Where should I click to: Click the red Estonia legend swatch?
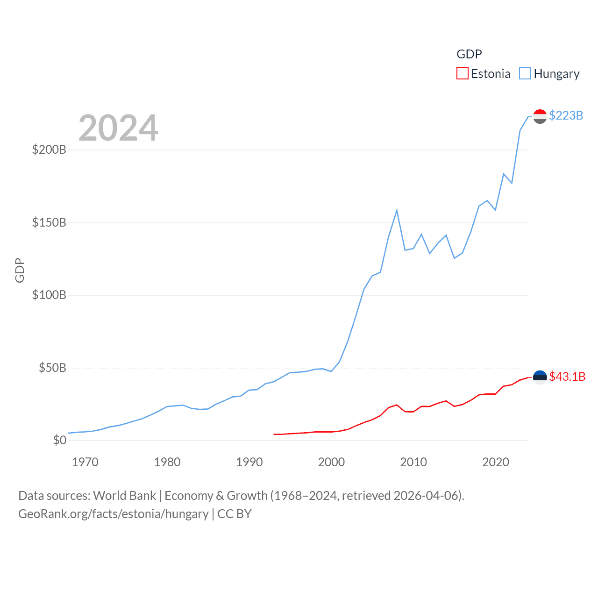[462, 74]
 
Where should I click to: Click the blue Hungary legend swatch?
[525, 74]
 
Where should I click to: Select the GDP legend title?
[469, 54]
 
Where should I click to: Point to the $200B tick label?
[49, 150]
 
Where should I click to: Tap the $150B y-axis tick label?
[49, 222]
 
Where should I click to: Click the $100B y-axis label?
[49, 295]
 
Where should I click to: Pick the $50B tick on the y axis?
[52, 368]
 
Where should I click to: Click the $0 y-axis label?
[59, 440]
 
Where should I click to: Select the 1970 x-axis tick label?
[85, 463]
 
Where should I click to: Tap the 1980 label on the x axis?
[167, 463]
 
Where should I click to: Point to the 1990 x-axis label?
[249, 463]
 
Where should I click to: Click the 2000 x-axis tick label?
[331, 463]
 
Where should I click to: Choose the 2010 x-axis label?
[413, 463]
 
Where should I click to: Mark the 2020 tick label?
[496, 463]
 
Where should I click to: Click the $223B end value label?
[566, 115]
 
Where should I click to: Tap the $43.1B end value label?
[567, 377]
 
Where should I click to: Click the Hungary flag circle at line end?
[540, 116]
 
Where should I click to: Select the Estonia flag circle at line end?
[540, 377]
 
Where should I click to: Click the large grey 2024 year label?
[118, 128]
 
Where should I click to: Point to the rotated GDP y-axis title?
[20, 270]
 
